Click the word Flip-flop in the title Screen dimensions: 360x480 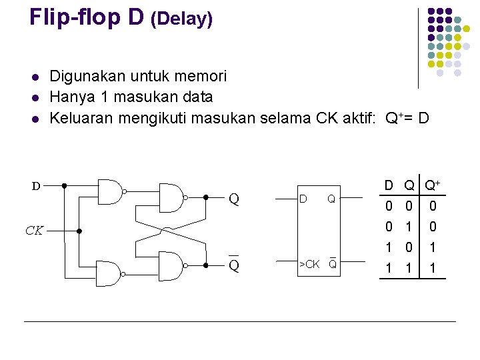[87, 17]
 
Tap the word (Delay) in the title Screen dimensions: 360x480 [181, 19]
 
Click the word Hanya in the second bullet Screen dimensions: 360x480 [74, 97]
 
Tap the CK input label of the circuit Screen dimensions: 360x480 [35, 231]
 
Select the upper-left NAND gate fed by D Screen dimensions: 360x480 [110, 191]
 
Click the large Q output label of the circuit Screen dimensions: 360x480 [234, 198]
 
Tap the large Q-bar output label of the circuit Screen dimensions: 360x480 [234, 265]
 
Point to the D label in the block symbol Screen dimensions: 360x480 [303, 199]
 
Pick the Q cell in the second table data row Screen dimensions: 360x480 [411, 227]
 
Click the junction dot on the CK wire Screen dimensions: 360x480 [79, 231]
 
